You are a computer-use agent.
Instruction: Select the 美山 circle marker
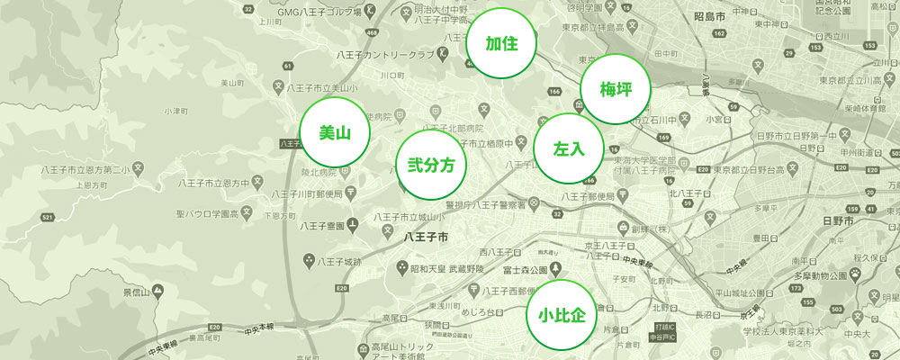point(334,133)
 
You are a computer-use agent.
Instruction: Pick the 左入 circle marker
point(568,148)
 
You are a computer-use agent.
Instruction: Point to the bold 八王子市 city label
point(427,237)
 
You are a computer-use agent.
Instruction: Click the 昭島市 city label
point(707,17)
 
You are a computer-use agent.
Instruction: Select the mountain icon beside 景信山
point(157,291)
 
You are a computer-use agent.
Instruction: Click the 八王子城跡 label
point(339,261)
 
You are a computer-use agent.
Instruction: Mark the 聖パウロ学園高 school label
point(208,213)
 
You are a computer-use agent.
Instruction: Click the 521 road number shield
point(48,218)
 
